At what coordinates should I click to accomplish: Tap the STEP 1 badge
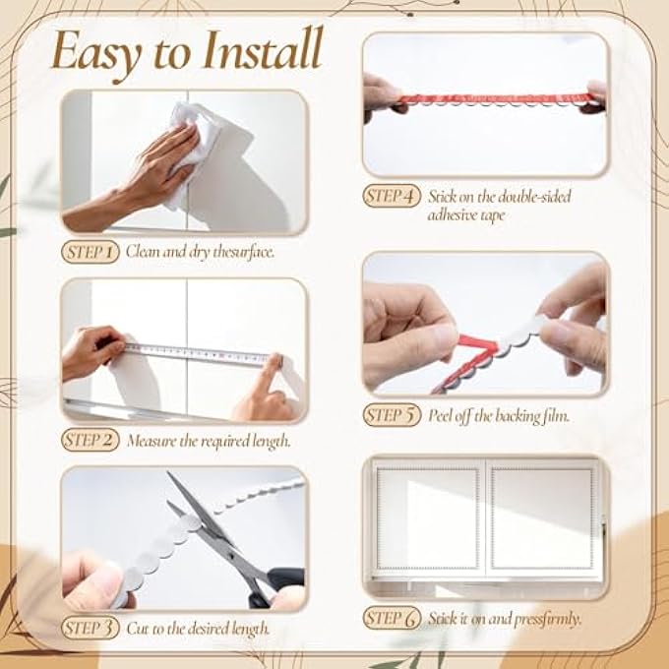click(91, 252)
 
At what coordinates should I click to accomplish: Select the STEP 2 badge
click(91, 440)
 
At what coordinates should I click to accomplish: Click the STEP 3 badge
click(91, 627)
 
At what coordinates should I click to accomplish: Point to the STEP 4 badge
click(392, 196)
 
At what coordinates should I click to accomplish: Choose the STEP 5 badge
click(392, 414)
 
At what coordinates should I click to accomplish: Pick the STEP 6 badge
click(392, 618)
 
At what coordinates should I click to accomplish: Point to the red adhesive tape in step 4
click(482, 99)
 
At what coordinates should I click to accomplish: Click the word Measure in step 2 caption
click(150, 441)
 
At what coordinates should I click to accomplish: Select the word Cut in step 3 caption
click(137, 628)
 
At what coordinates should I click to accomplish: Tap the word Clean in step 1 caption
click(144, 252)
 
